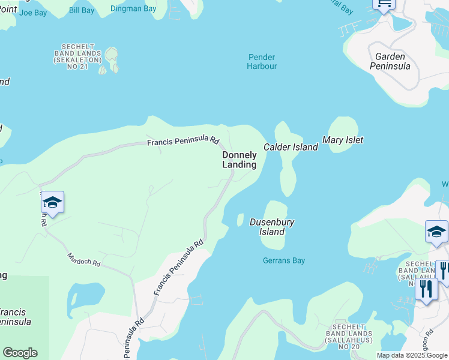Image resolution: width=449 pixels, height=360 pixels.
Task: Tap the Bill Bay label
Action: [82, 10]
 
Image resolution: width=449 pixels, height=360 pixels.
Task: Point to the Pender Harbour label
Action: [262, 62]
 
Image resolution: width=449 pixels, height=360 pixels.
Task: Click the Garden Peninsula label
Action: [393, 61]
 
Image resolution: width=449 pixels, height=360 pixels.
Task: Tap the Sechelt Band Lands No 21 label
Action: [75, 56]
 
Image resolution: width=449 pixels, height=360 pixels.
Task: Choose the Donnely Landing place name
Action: [240, 160]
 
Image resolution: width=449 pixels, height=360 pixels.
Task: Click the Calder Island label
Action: [291, 147]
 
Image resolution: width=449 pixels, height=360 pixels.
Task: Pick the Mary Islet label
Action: [343, 140]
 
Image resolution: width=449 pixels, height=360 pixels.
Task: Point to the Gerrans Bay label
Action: [284, 261]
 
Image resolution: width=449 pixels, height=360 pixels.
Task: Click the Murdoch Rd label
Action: [83, 260]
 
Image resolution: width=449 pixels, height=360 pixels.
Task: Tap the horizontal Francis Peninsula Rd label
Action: [184, 141]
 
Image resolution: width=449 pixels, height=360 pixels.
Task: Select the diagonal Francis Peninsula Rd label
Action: [179, 268]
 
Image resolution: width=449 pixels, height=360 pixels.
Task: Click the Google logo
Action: [20, 353]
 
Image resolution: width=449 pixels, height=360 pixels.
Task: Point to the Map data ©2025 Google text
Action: [411, 355]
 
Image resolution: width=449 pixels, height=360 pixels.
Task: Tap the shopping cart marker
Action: [384, 4]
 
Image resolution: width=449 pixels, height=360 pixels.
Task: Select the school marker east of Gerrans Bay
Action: [436, 232]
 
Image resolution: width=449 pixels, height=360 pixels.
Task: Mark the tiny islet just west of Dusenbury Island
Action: [240, 220]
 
